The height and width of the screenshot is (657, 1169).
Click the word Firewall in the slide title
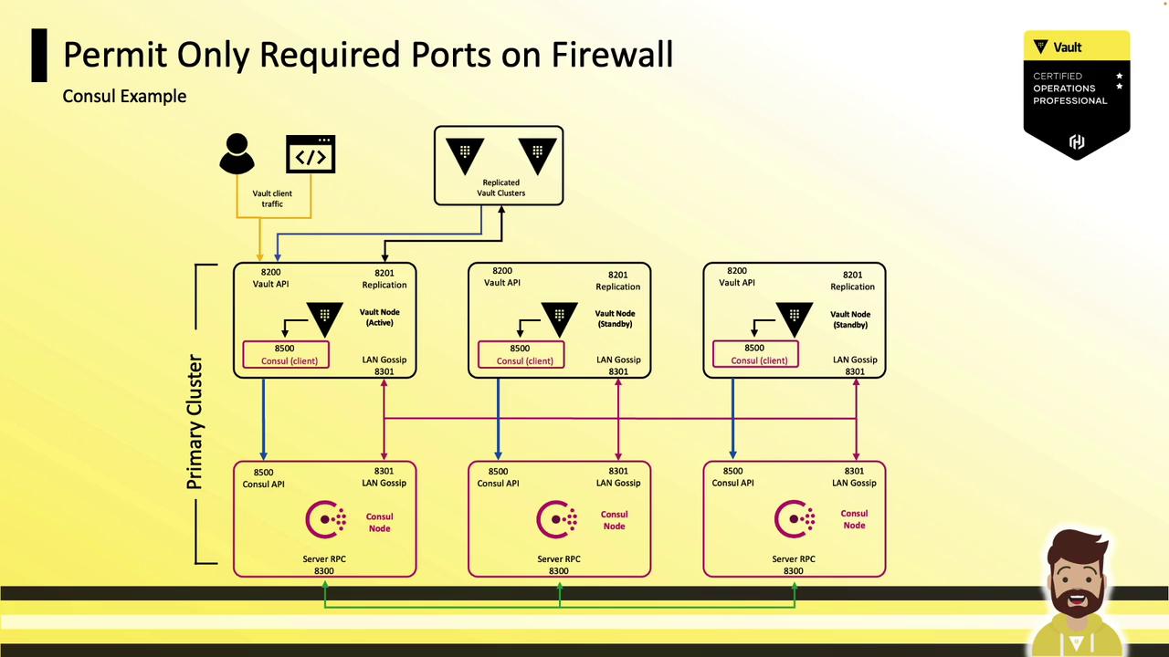[612, 55]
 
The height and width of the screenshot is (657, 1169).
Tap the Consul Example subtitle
[124, 96]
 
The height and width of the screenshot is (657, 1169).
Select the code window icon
[311, 154]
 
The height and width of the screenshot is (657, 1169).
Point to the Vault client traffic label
[272, 199]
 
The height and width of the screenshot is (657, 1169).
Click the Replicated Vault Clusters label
[500, 188]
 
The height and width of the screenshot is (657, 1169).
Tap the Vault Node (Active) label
[379, 318]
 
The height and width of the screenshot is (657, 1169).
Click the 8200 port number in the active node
[270, 272]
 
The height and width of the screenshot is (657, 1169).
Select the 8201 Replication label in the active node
[384, 278]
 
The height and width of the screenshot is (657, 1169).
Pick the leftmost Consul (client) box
[286, 355]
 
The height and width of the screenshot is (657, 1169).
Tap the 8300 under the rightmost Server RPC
[793, 571]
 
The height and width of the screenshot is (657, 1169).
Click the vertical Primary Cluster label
[195, 422]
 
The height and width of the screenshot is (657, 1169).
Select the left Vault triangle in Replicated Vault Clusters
[465, 154]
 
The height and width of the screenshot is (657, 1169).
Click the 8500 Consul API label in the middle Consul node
[498, 477]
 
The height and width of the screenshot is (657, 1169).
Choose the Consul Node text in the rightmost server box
[854, 519]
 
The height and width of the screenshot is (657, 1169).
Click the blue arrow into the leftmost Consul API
[264, 420]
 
